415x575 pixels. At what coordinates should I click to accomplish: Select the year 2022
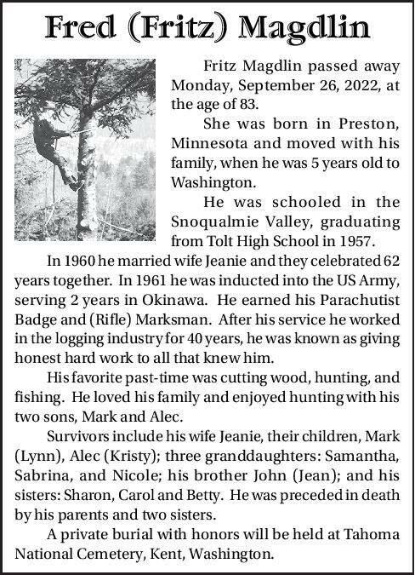tap(361, 86)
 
